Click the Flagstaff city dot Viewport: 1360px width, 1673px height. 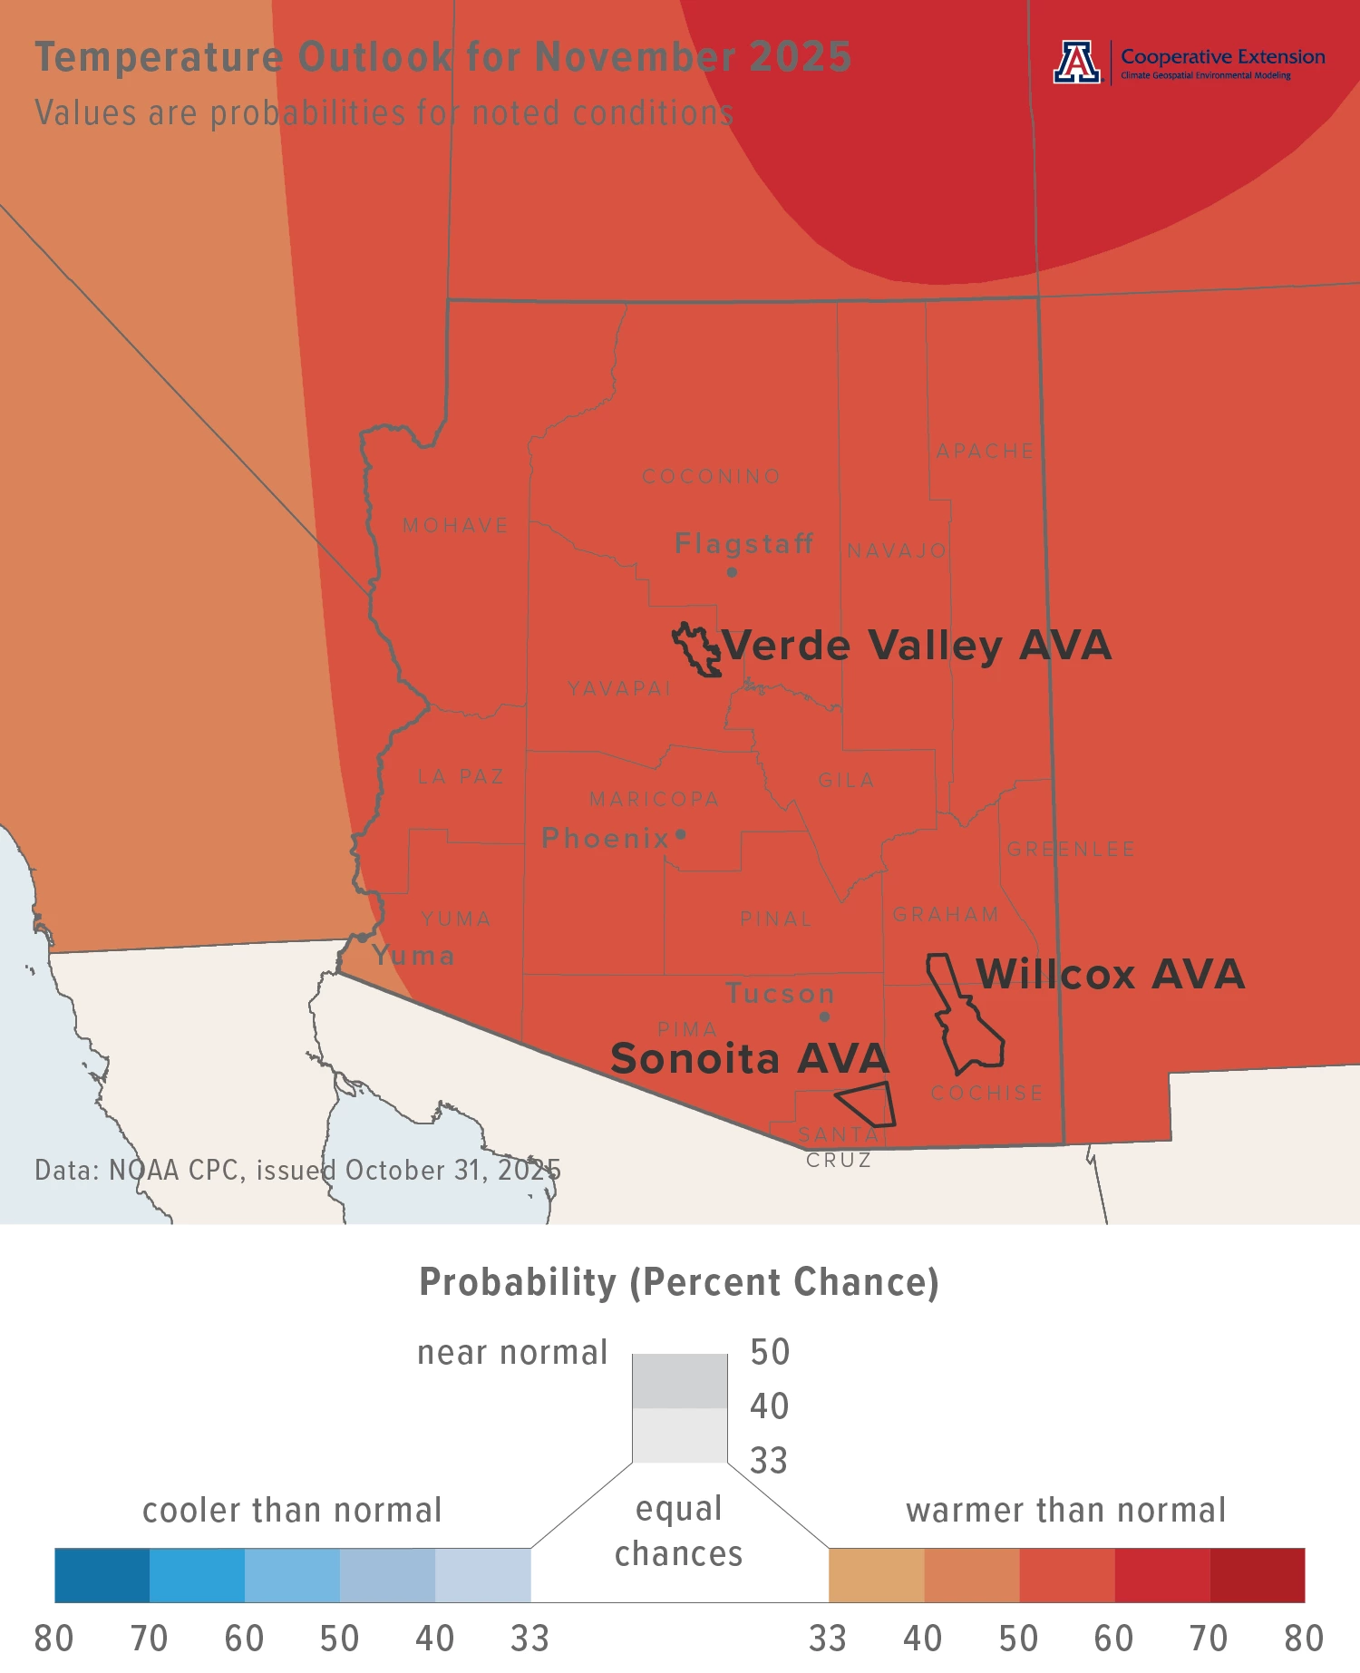tap(732, 572)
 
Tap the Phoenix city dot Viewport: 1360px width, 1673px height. tap(681, 834)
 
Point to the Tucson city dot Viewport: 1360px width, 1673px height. tap(824, 1016)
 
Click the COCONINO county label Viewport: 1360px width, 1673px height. tap(711, 477)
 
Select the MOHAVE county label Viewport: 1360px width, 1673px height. tap(455, 526)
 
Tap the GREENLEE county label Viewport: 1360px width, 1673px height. tap(1071, 850)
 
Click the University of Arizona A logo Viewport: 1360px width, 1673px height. tap(1076, 63)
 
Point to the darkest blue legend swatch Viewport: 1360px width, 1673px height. tap(102, 1575)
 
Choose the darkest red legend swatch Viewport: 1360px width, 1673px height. tap(1257, 1575)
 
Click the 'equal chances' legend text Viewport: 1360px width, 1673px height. tap(679, 1532)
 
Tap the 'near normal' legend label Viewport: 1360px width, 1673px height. tap(511, 1353)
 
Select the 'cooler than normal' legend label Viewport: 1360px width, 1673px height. tap(292, 1511)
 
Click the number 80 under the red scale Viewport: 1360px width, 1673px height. tap(1303, 1639)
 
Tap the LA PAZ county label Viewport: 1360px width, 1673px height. tap(461, 777)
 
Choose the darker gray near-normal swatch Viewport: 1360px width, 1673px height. tap(679, 1381)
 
